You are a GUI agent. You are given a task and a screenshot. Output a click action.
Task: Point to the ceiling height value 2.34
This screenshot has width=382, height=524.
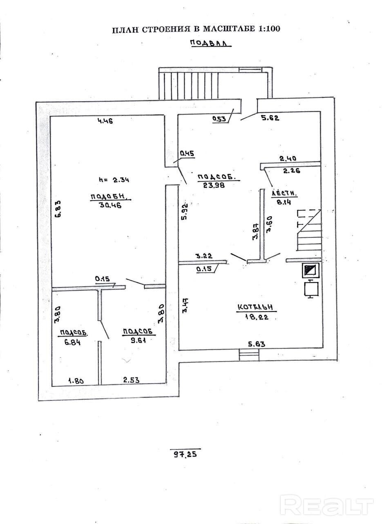point(121,179)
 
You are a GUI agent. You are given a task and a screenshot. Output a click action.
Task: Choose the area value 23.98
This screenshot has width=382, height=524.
point(213,185)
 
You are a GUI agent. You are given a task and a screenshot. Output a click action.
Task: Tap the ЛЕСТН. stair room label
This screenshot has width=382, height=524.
point(284,194)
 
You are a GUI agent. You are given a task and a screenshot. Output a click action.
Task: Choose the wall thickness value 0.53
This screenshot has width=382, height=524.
point(220,119)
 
